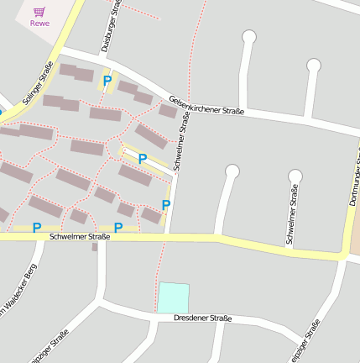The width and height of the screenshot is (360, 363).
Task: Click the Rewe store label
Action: (39, 24)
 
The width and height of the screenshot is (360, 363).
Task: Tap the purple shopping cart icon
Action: (39, 12)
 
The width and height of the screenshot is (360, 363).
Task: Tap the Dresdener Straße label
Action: (202, 318)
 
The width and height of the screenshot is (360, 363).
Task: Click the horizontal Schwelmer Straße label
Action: (81, 237)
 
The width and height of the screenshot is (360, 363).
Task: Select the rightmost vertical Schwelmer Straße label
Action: (292, 217)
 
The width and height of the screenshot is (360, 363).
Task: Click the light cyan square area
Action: (174, 297)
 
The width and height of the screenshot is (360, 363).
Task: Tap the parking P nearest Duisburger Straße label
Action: (107, 81)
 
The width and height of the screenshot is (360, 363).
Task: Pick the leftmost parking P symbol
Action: (37, 228)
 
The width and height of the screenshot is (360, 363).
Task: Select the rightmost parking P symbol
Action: (166, 204)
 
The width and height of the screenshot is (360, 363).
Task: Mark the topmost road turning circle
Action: (248, 36)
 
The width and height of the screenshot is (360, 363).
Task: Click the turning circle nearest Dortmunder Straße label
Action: (313, 65)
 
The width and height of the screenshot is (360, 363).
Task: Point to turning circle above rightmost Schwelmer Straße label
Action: (295, 176)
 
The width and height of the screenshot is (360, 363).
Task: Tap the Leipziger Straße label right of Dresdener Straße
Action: (305, 340)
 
